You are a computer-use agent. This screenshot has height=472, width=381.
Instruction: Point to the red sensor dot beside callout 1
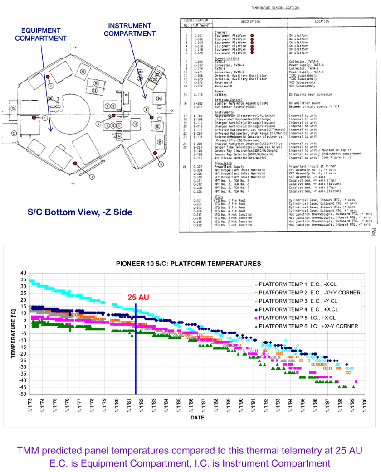[34, 117]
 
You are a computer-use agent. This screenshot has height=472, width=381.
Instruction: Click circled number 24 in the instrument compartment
[159, 98]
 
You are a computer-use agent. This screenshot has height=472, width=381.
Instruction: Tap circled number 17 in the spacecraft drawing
[135, 124]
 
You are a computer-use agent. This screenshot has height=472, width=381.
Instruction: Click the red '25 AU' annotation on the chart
[136, 298]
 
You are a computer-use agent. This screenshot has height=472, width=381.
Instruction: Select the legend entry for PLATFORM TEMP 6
[310, 326]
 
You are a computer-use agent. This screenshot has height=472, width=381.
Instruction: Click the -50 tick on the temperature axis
[22, 394]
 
